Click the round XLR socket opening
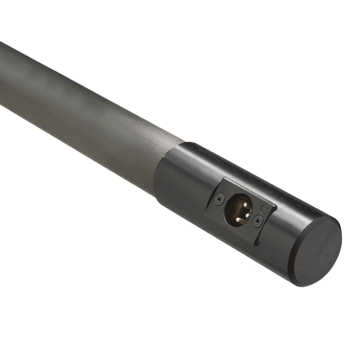coord(238,211)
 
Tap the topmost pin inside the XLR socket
coord(239,203)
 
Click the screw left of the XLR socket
coord(219,199)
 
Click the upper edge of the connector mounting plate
coord(249,191)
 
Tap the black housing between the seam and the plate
coord(186,180)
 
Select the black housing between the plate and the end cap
coord(282,240)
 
